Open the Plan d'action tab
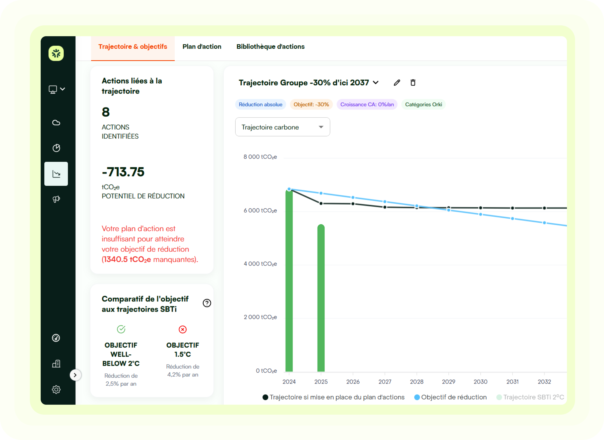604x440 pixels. click(x=202, y=47)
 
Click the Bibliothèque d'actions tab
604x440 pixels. click(x=270, y=47)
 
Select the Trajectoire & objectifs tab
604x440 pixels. click(x=133, y=47)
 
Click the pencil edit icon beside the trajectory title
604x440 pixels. click(x=397, y=83)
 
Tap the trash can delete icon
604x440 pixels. click(x=413, y=83)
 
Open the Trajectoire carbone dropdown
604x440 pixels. click(x=282, y=127)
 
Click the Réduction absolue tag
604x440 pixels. click(x=260, y=105)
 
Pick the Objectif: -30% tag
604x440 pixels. click(x=311, y=105)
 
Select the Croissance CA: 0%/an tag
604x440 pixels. click(x=367, y=105)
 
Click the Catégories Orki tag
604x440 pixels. click(x=423, y=105)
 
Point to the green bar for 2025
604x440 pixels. click(x=321, y=299)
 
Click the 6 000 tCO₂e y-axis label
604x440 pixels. click(x=260, y=210)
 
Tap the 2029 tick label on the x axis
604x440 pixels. click(x=448, y=382)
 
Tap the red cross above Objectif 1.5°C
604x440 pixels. click(x=182, y=330)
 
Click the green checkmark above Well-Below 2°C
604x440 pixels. click(x=121, y=329)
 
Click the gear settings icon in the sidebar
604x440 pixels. click(x=56, y=389)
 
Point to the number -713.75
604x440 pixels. click(x=123, y=172)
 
